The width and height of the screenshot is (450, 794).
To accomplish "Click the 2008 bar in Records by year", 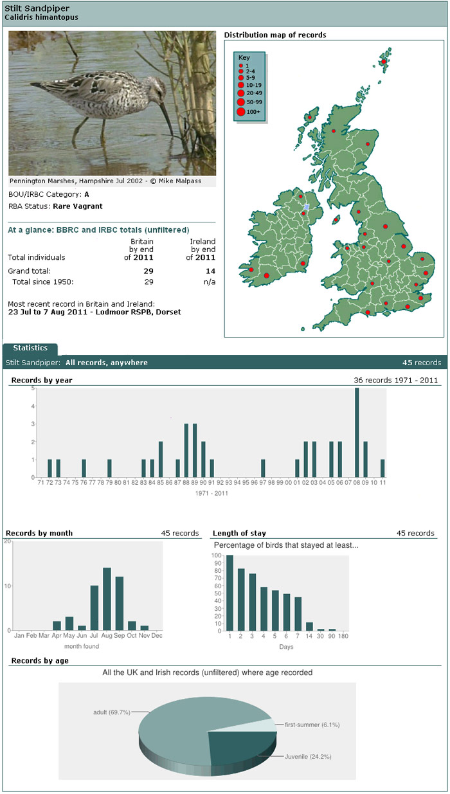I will point(357,433).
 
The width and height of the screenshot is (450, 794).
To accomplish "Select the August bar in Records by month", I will point(107,599).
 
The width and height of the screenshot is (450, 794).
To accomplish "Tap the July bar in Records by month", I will point(94,608).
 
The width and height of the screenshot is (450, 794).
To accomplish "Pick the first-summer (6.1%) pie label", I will point(312,725).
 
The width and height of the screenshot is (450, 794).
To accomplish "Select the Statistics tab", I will point(30,348).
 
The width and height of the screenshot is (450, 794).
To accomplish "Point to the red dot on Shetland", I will point(384,62).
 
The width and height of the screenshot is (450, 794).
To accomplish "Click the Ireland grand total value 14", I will point(210,271).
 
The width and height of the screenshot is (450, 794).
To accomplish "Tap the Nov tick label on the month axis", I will point(145,636).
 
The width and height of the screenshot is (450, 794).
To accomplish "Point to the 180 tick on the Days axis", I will point(343,636).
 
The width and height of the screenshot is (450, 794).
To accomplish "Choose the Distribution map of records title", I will point(275,35).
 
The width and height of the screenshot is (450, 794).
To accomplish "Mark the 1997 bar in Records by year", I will point(263,469).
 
